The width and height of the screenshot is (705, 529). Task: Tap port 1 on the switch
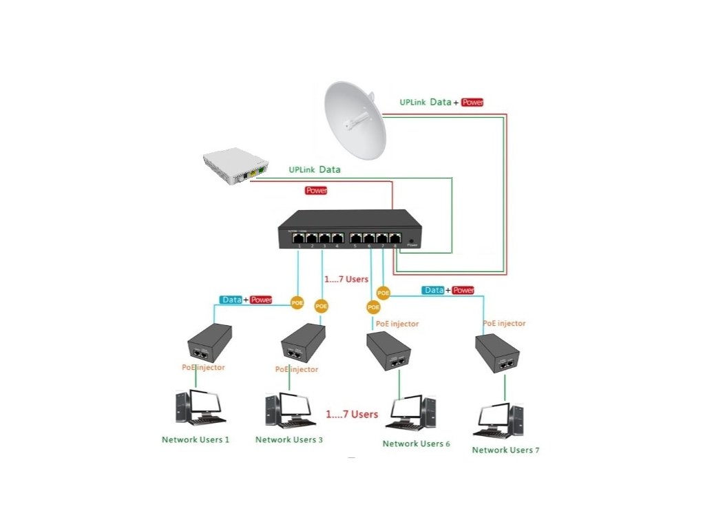299,238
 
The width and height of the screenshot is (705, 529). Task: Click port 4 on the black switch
337,238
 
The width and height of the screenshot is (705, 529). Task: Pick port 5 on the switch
356,238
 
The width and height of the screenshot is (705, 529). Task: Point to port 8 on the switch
395,238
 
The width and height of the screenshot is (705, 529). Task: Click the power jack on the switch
412,242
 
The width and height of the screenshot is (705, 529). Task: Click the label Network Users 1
196,439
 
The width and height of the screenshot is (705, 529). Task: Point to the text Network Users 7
505,450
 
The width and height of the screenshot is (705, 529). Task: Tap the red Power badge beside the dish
473,102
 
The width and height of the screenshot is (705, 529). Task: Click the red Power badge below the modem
316,190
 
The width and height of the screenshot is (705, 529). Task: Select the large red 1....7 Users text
352,415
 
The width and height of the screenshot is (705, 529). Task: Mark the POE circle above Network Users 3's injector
321,306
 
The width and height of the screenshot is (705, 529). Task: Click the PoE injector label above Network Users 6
396,324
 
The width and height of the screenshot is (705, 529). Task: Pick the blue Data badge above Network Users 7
434,291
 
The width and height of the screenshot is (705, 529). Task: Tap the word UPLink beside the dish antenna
413,103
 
